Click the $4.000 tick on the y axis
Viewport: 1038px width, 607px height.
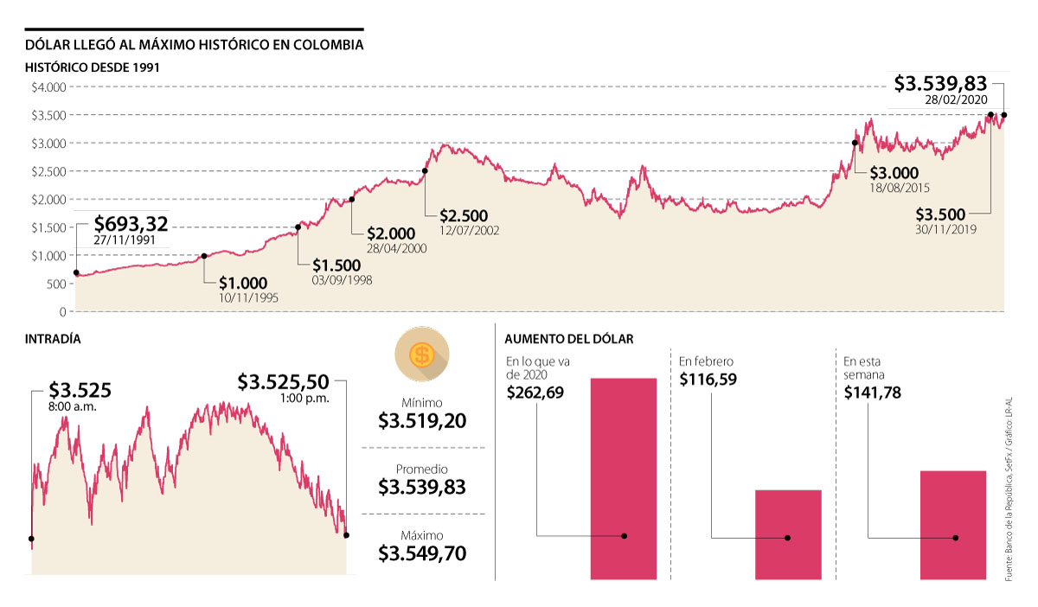(x=49, y=87)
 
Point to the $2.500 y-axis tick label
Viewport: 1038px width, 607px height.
(x=49, y=171)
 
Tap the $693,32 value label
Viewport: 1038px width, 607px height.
(x=131, y=226)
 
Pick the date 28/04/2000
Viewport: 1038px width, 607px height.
(x=396, y=247)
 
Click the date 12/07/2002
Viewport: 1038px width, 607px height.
(x=468, y=230)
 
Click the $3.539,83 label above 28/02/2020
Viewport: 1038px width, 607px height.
(x=940, y=83)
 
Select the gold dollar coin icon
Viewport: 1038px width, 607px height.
(x=422, y=355)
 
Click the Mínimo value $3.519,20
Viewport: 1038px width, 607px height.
(x=422, y=421)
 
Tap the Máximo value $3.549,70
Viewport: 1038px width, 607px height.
(x=422, y=553)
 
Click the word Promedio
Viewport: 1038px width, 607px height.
(x=422, y=469)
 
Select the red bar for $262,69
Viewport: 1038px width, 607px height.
(x=624, y=478)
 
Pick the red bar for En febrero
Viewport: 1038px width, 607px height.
(x=788, y=534)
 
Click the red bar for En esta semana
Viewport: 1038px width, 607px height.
(x=953, y=524)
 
